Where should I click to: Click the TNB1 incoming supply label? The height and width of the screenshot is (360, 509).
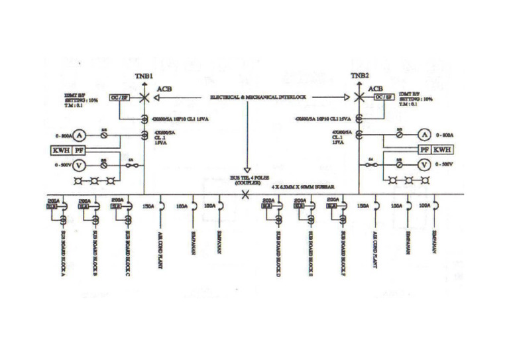pos(144,76)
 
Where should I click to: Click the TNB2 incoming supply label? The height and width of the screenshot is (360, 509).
pos(359,76)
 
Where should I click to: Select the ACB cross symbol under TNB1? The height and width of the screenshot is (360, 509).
pos(144,97)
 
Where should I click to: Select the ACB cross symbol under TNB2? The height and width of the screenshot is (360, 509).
pos(359,97)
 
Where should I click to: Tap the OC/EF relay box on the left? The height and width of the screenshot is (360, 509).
pos(119,97)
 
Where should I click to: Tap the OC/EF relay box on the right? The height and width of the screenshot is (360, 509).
pos(384,97)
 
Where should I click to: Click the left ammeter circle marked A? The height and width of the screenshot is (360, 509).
pos(78,135)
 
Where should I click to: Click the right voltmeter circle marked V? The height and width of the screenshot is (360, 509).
pos(425,164)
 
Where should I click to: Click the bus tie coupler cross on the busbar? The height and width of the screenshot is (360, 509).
pos(246,194)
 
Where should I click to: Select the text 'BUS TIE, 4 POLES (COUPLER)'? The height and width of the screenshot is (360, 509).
pos(246,180)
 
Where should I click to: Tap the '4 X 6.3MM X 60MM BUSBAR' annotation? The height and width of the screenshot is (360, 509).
pos(298,188)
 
